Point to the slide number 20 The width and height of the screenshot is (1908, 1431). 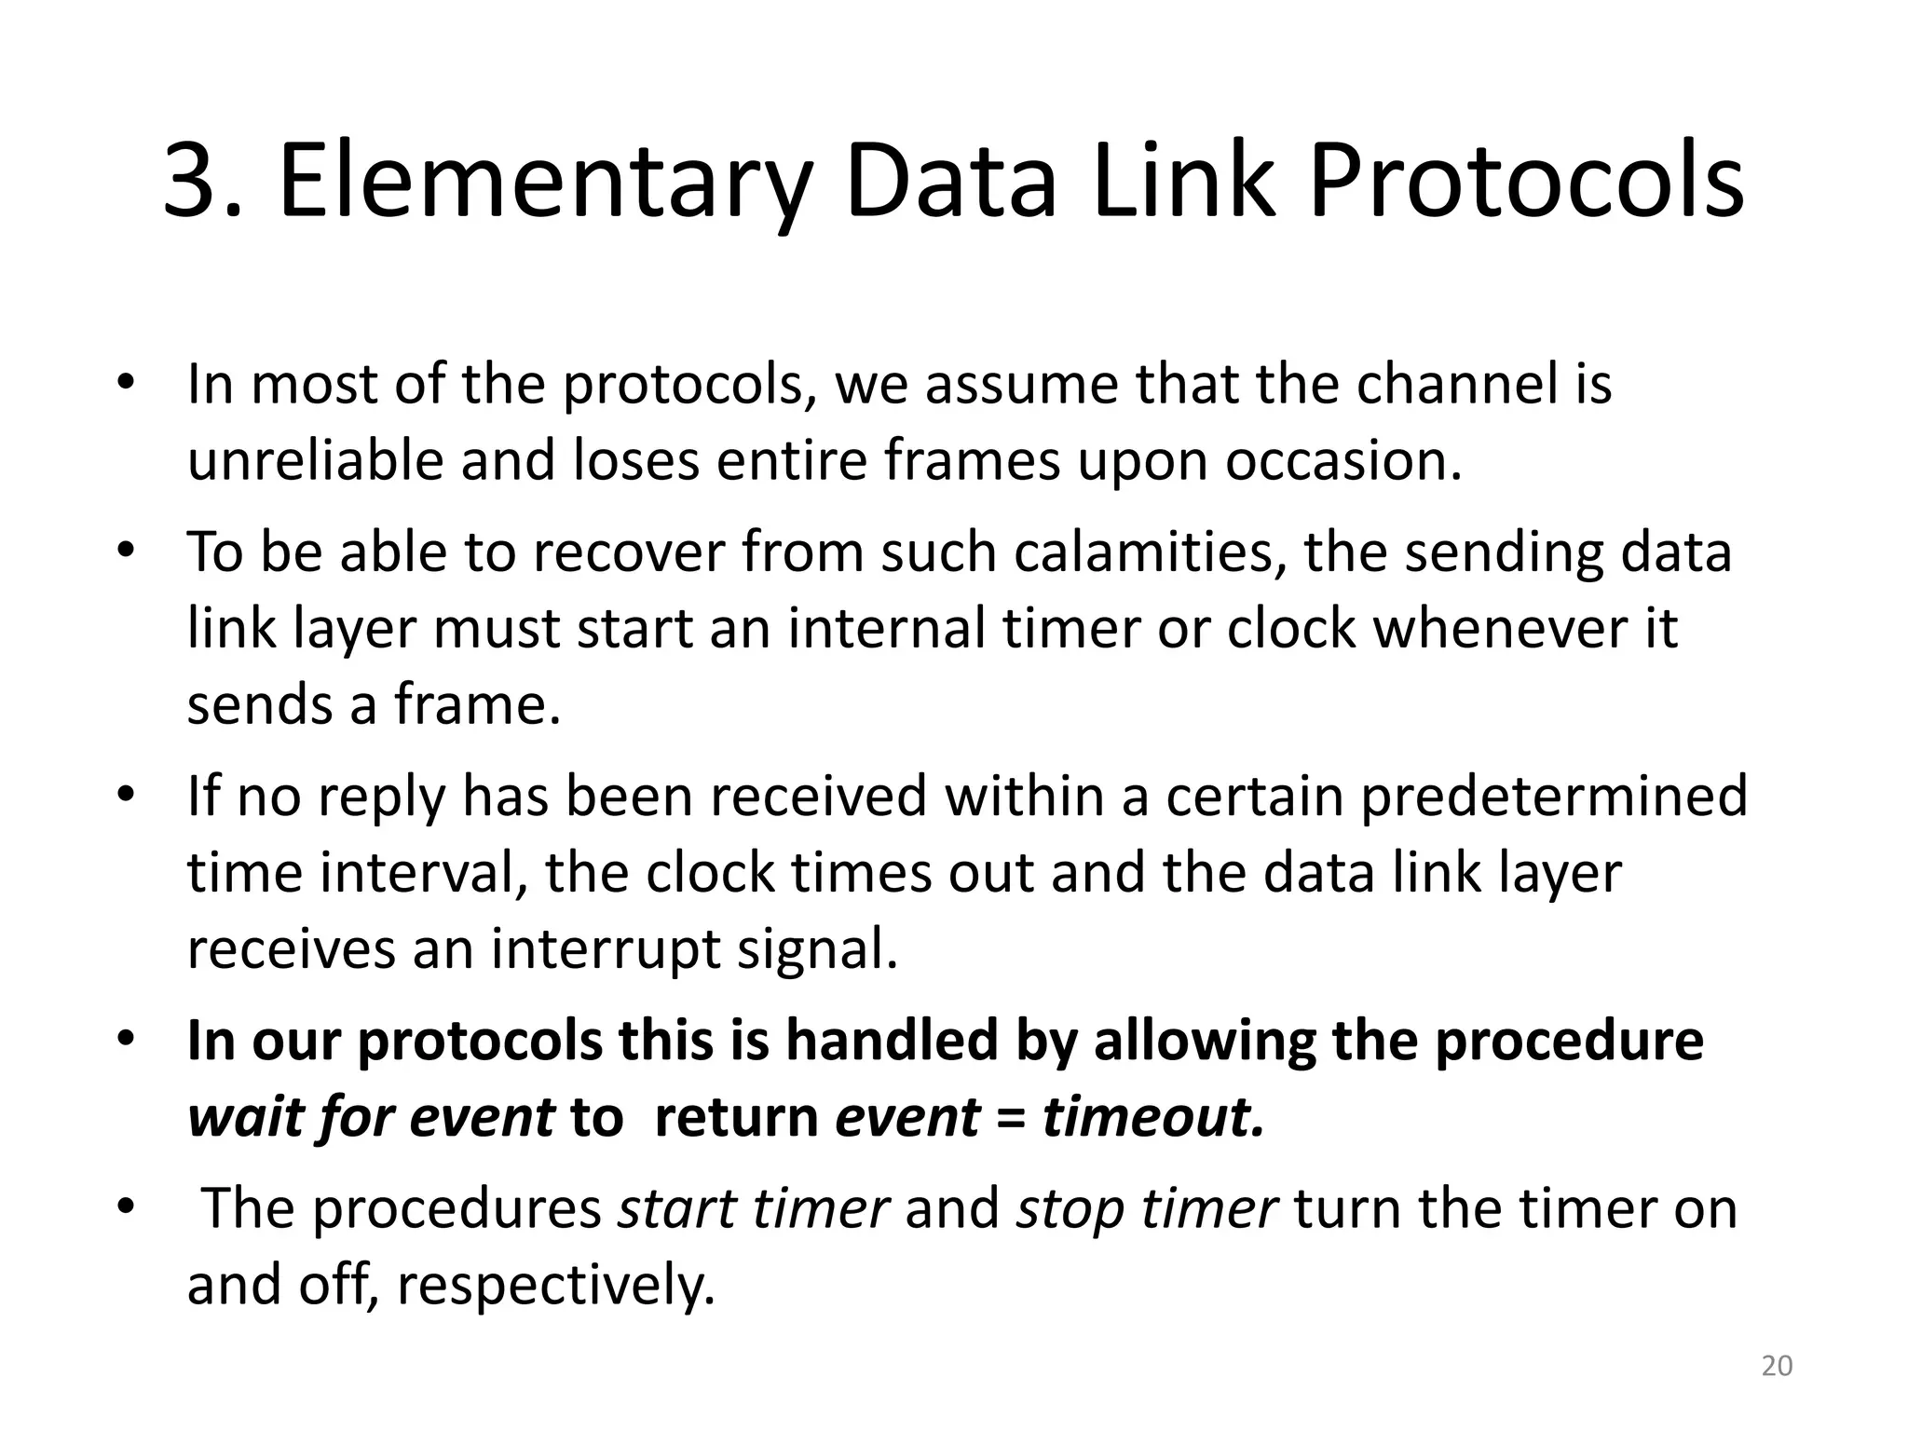coord(1777,1366)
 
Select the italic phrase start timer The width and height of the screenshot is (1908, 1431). coord(754,1208)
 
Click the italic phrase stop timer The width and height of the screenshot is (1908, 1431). coord(1146,1208)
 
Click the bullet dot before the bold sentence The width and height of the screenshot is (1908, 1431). coord(127,1038)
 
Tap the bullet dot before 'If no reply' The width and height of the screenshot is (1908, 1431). coord(127,795)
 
